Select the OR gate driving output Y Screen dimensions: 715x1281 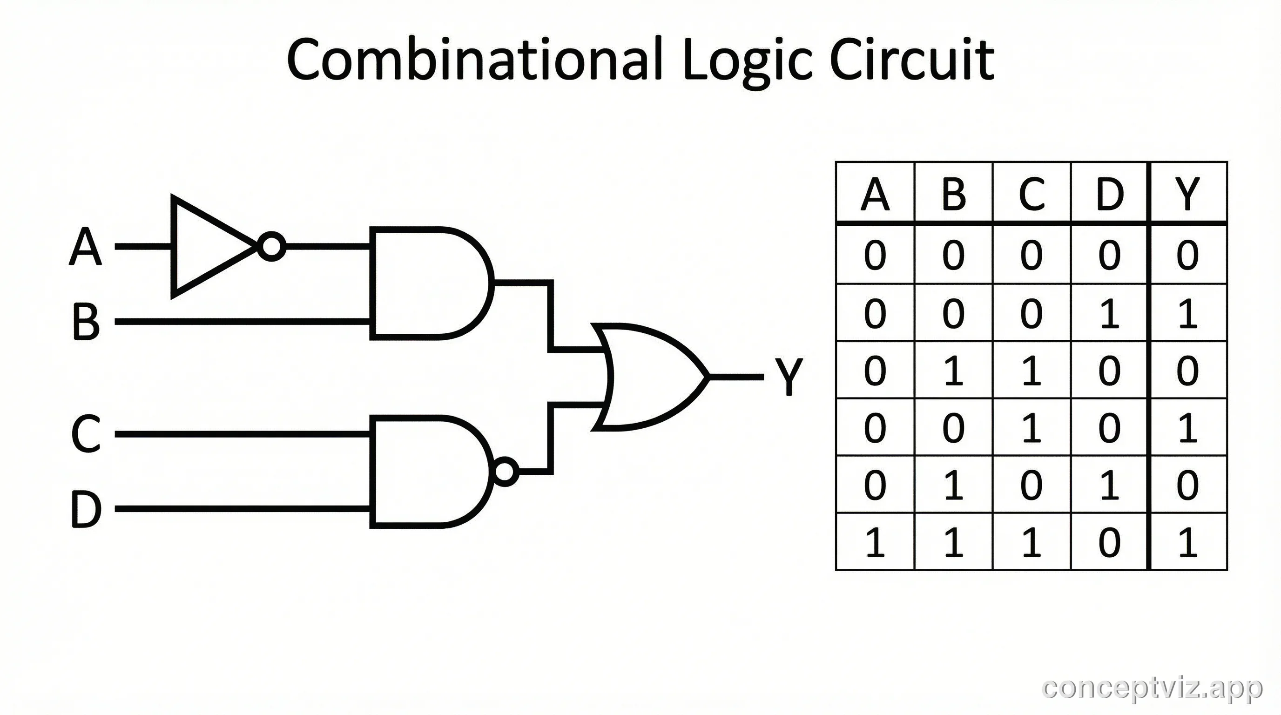point(647,377)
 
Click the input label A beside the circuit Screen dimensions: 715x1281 point(86,247)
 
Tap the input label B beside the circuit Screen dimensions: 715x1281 point(86,322)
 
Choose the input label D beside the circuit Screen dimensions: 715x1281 point(86,509)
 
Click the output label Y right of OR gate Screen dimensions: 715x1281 point(788,377)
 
